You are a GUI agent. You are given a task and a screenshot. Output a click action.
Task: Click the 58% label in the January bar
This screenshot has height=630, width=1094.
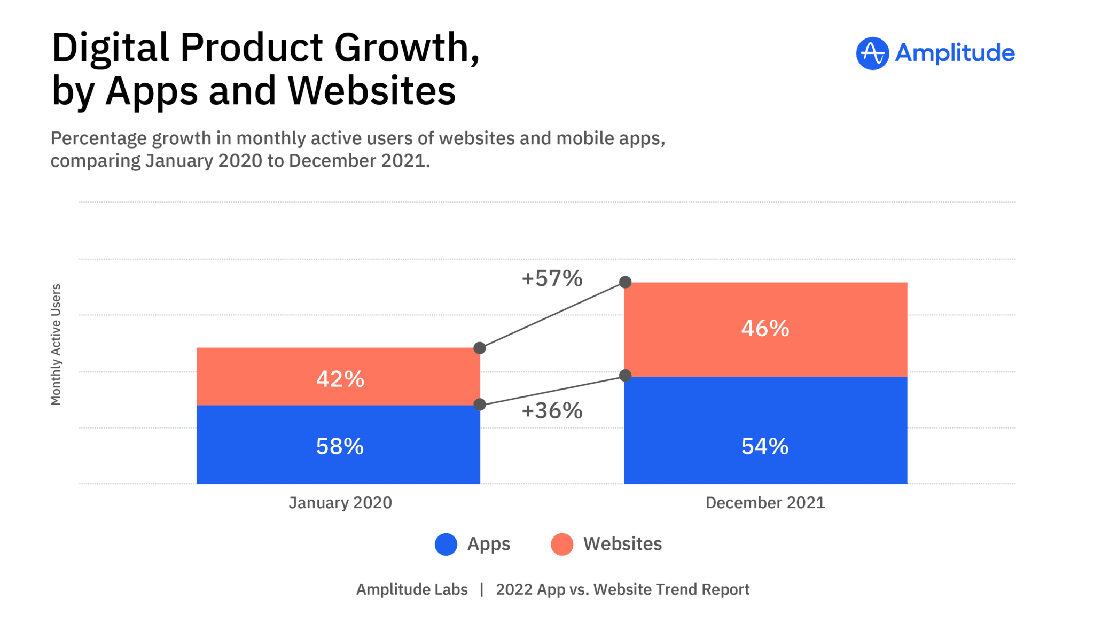(x=340, y=446)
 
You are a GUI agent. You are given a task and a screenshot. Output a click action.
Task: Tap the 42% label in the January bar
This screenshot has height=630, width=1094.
(x=340, y=379)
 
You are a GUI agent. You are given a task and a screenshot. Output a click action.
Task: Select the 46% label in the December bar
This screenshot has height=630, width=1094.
(x=765, y=328)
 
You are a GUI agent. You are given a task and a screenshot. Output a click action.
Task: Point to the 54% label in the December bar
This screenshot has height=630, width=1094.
(x=765, y=446)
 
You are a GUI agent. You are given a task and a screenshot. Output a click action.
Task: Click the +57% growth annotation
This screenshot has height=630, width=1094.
(x=552, y=278)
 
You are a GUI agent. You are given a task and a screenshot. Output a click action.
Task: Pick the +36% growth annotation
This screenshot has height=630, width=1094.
(x=552, y=411)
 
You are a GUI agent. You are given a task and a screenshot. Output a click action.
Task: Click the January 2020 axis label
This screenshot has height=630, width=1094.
(x=340, y=503)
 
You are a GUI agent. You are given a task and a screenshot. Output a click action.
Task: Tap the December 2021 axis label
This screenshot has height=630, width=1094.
(x=765, y=503)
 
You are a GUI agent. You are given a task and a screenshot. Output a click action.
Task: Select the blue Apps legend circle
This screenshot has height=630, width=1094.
(x=446, y=545)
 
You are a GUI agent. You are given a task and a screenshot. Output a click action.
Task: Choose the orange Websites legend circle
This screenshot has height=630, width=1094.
(x=562, y=545)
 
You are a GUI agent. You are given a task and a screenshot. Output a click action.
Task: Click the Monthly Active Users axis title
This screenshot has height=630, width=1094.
(x=56, y=345)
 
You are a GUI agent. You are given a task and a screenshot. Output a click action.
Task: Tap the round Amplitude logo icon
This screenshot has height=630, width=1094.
(x=872, y=53)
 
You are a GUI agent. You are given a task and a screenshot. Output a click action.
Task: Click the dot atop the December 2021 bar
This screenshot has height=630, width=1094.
(x=625, y=282)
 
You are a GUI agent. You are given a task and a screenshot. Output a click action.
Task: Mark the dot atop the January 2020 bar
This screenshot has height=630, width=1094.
(x=480, y=348)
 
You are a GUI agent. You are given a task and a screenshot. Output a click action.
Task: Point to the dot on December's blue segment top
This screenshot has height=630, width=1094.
(x=625, y=376)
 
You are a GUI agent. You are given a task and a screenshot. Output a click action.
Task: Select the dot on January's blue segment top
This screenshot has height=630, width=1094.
(x=480, y=405)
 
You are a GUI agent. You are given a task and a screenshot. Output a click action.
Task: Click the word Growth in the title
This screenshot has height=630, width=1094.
(x=407, y=48)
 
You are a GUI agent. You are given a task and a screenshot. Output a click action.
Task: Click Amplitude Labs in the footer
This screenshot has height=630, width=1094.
(x=412, y=589)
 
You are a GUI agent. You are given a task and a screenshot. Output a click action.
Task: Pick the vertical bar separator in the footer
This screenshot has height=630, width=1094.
(x=482, y=589)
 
